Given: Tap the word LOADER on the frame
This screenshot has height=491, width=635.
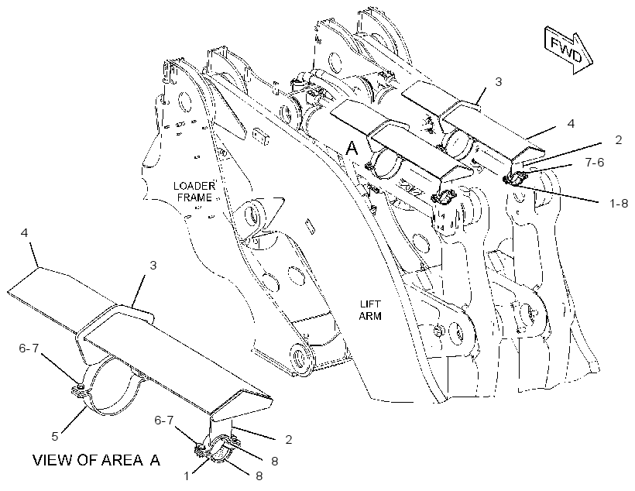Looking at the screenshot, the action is pyautogui.click(x=194, y=186).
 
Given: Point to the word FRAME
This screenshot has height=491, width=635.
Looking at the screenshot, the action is pyautogui.click(x=194, y=197).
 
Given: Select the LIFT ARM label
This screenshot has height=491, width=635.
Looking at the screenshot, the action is pyautogui.click(x=370, y=310).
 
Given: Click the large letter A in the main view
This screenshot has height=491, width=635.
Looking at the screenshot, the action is pyautogui.click(x=352, y=148).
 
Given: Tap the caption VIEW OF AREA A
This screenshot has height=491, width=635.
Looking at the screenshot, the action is pyautogui.click(x=96, y=460).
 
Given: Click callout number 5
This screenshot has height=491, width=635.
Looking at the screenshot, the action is pyautogui.click(x=55, y=436).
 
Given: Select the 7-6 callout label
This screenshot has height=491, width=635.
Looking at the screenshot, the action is pyautogui.click(x=595, y=163).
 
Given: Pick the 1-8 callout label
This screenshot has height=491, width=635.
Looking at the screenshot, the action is pyautogui.click(x=619, y=204).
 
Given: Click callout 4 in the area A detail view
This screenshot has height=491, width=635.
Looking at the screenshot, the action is pyautogui.click(x=25, y=233).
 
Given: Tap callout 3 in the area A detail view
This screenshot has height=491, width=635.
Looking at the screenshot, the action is pyautogui.click(x=153, y=266).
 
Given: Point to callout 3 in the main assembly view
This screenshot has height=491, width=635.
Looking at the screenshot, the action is pyautogui.click(x=499, y=81).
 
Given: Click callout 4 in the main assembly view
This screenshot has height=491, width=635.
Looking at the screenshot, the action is pyautogui.click(x=571, y=123).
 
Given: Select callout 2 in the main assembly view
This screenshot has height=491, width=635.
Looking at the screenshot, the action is pyautogui.click(x=619, y=139).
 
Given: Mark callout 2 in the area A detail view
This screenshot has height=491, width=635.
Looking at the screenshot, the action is pyautogui.click(x=288, y=439).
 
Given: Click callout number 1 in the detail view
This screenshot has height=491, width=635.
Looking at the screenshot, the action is pyautogui.click(x=187, y=476).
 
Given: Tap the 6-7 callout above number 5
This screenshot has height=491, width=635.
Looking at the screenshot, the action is pyautogui.click(x=29, y=348).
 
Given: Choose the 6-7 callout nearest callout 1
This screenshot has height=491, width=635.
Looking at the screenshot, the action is pyautogui.click(x=164, y=420).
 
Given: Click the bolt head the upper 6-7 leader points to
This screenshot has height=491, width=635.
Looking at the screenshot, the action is pyautogui.click(x=81, y=388).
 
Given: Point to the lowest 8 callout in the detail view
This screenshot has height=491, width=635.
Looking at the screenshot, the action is pyautogui.click(x=259, y=476).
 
